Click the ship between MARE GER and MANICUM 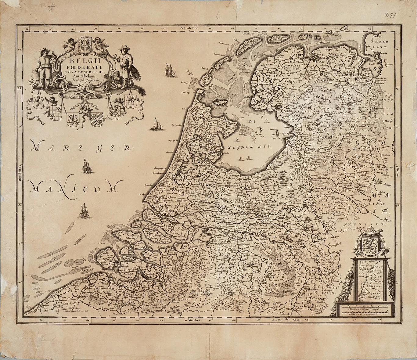(x=86, y=167)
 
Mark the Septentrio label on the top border (x=189, y=28)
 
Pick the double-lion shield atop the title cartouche (x=84, y=43)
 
